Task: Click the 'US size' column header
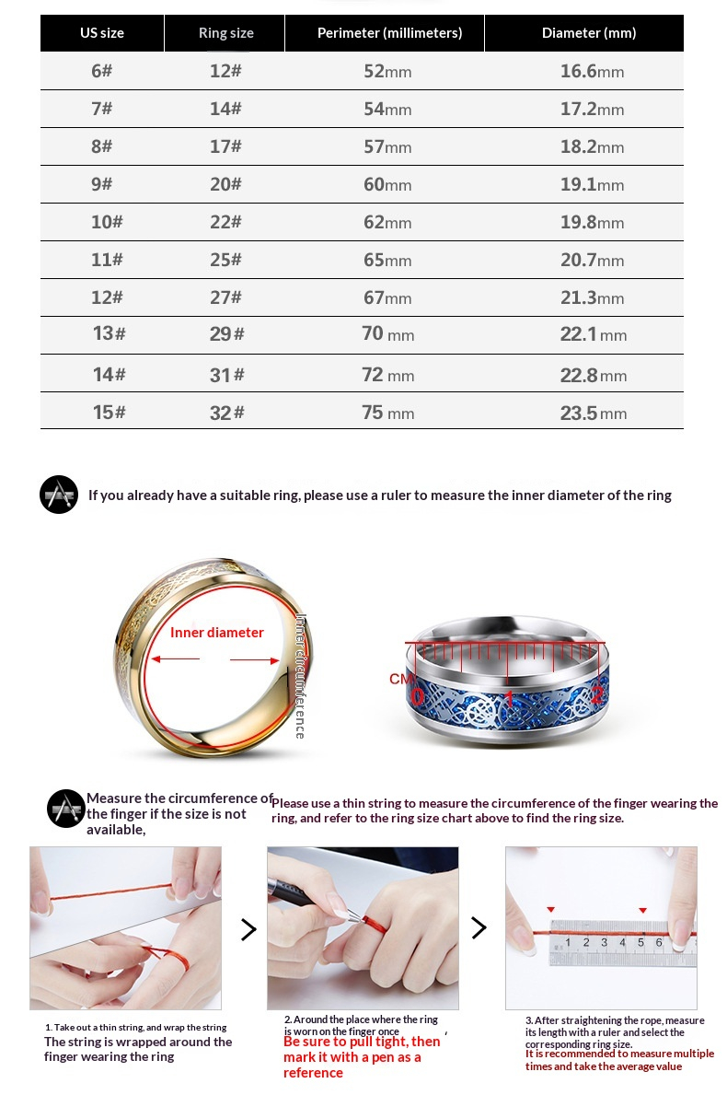[101, 33]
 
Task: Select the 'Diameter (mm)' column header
[588, 33]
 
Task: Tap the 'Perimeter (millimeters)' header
[389, 33]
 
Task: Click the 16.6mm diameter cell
[592, 71]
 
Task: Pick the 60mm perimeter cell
[387, 184]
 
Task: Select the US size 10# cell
[107, 222]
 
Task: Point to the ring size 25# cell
[225, 260]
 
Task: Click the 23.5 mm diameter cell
[593, 413]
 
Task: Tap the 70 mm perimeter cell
[387, 333]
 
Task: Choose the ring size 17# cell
[225, 146]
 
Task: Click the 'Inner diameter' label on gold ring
[217, 633]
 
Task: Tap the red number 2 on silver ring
[596, 695]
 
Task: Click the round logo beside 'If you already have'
[59, 495]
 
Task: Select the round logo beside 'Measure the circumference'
[66, 809]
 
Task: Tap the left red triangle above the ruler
[550, 909]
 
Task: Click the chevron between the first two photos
[248, 929]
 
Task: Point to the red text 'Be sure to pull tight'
[362, 1042]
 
